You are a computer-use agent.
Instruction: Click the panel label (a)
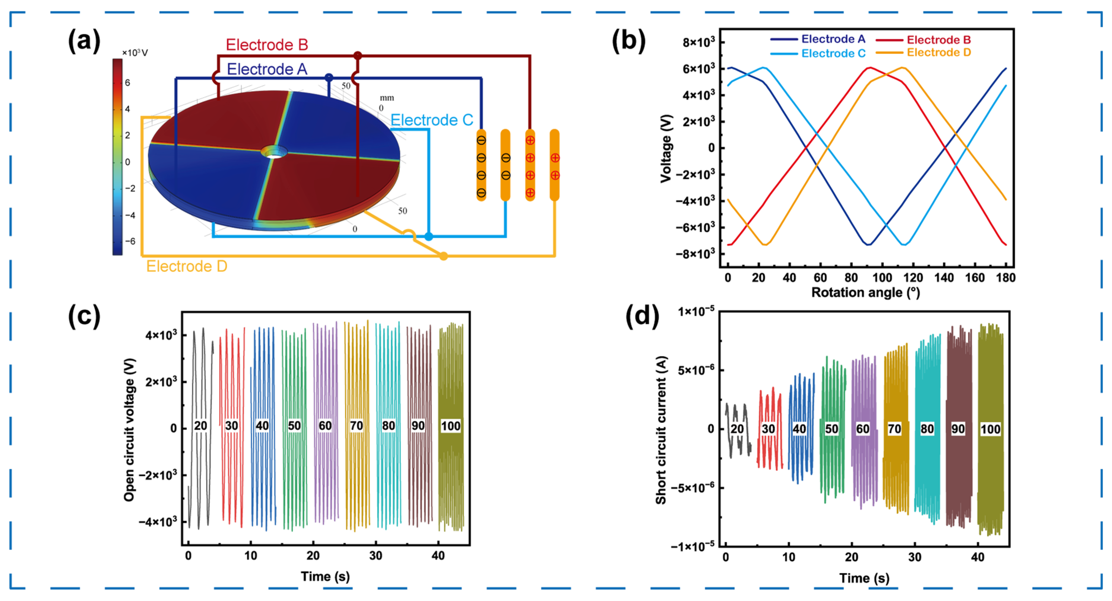coord(84,41)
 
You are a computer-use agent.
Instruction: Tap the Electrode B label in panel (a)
coord(267,45)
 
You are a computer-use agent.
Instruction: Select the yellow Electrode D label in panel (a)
coord(186,266)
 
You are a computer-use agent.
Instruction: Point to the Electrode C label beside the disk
coord(431,120)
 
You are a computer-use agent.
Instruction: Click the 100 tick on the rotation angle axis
coord(882,278)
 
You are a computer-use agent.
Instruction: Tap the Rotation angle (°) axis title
coord(866,293)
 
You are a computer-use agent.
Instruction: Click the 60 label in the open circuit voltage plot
coord(325,426)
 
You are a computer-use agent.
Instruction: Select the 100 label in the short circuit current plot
coord(990,429)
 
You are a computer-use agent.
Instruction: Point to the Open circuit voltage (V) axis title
coord(129,430)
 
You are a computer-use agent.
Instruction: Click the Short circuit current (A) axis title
coord(661,430)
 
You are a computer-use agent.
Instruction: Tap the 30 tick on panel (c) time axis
coord(376,556)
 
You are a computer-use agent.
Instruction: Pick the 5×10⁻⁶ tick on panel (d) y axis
coord(696,370)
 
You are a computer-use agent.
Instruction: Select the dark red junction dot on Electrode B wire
coord(357,55)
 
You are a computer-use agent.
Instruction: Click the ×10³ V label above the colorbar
coord(135,53)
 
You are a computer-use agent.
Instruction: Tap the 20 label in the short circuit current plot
coord(737,429)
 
